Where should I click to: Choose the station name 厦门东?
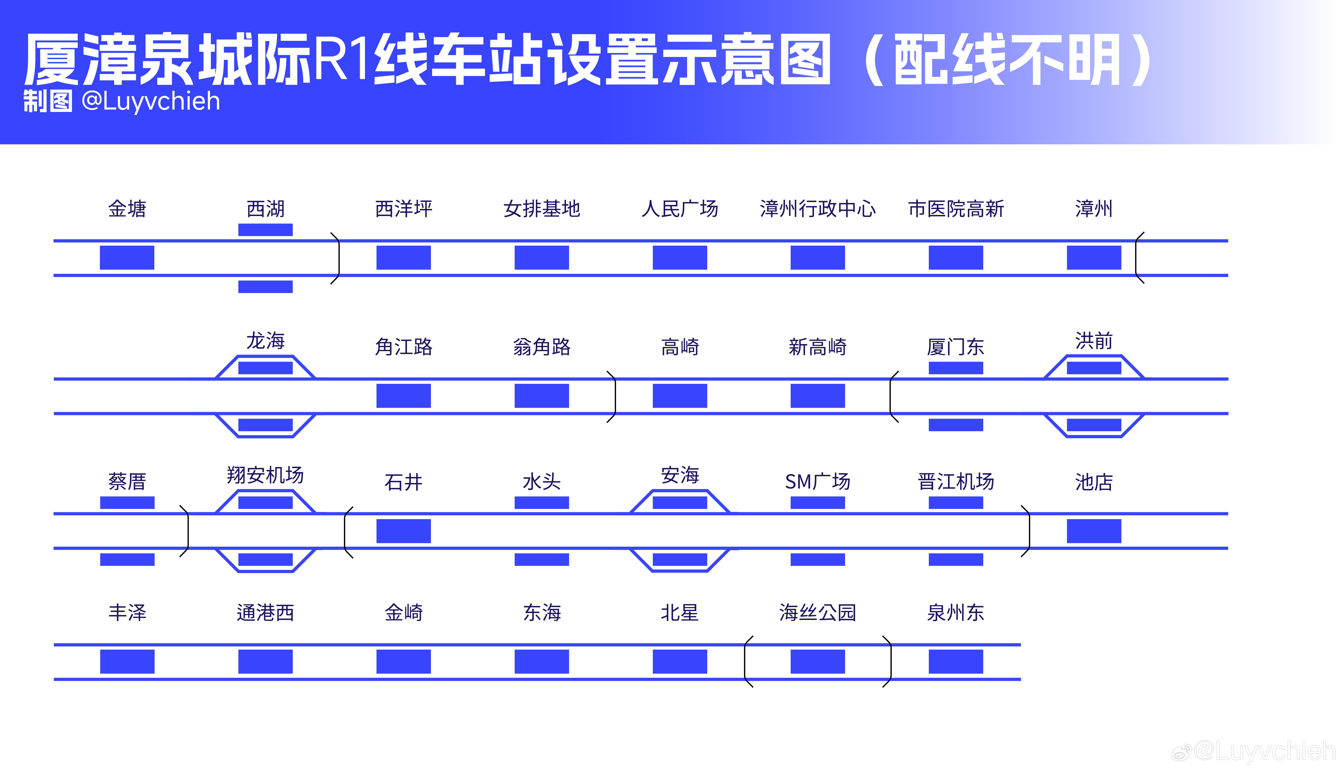click(x=956, y=347)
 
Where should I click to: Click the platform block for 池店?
click(x=1094, y=531)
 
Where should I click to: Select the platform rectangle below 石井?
click(x=403, y=531)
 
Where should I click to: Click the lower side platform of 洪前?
click(x=1094, y=425)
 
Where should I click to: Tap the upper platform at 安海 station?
click(x=680, y=502)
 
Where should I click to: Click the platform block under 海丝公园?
click(x=818, y=661)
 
